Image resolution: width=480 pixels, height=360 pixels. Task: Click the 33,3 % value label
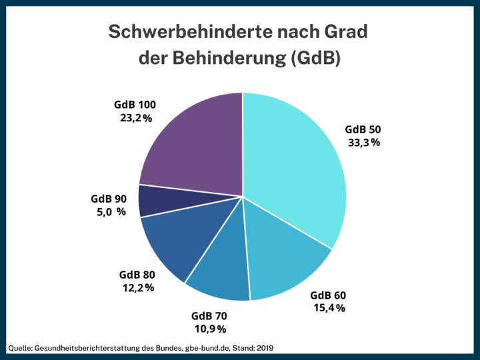(364, 143)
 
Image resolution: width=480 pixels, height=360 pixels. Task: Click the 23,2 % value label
(135, 118)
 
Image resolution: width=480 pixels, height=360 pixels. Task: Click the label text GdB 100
(135, 105)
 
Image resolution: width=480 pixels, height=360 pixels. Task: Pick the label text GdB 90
(108, 199)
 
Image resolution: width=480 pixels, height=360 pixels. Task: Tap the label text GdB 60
(329, 295)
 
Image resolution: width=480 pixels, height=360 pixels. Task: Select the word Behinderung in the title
(233, 59)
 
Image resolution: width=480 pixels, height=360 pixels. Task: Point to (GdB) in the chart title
(316, 59)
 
